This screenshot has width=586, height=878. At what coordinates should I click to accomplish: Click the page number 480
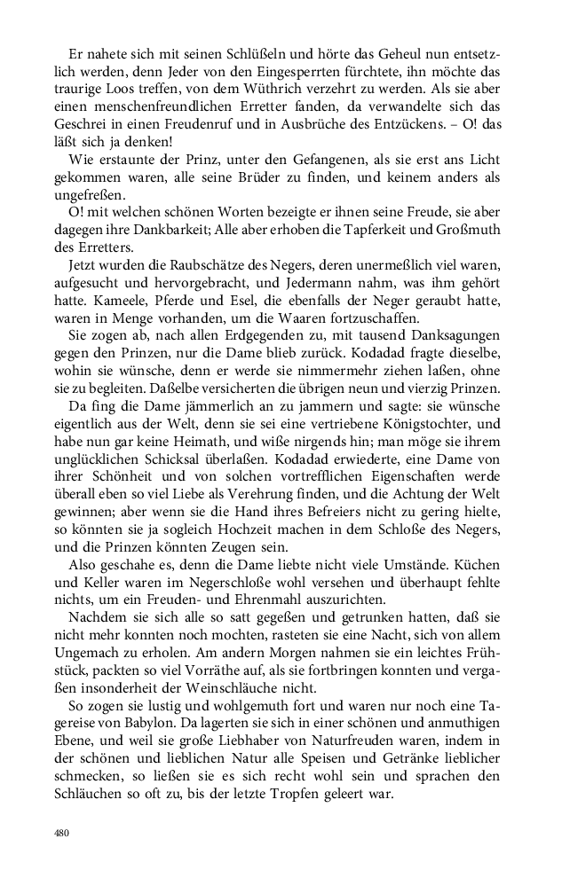61,834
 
